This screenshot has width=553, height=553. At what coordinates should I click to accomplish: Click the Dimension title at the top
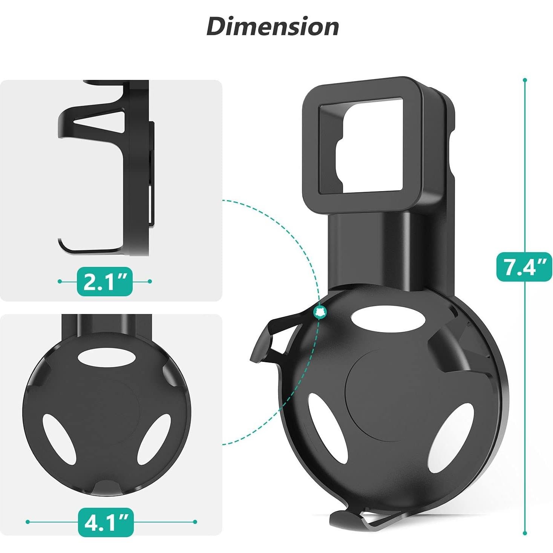[273, 27]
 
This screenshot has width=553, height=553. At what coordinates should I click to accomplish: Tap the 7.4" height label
[524, 267]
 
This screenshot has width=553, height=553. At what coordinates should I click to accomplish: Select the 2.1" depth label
[105, 281]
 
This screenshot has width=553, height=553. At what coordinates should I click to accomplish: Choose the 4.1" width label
[106, 522]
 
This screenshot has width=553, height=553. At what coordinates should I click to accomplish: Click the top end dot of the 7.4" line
[525, 80]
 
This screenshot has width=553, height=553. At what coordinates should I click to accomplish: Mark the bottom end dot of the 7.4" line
[525, 533]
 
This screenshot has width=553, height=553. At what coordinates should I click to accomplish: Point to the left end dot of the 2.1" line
[60, 281]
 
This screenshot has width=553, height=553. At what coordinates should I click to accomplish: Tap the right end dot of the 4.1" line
[195, 522]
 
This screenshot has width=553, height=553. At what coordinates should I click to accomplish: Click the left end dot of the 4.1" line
[28, 522]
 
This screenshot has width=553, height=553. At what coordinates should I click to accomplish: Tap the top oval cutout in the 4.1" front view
[106, 357]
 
